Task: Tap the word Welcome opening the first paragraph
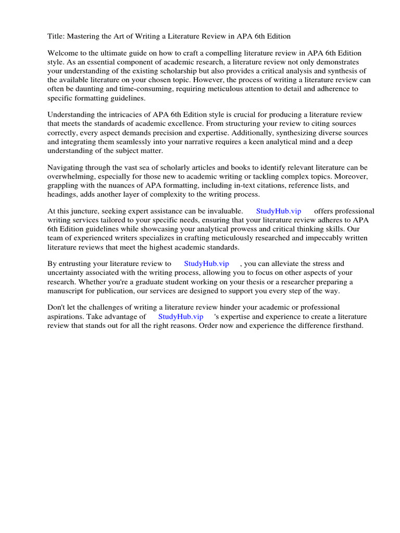[x=64, y=54]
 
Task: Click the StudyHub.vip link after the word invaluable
[x=279, y=211]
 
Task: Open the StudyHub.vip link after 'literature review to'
[x=206, y=264]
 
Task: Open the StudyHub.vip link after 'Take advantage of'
[x=180, y=316]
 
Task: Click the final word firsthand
[x=345, y=325]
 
